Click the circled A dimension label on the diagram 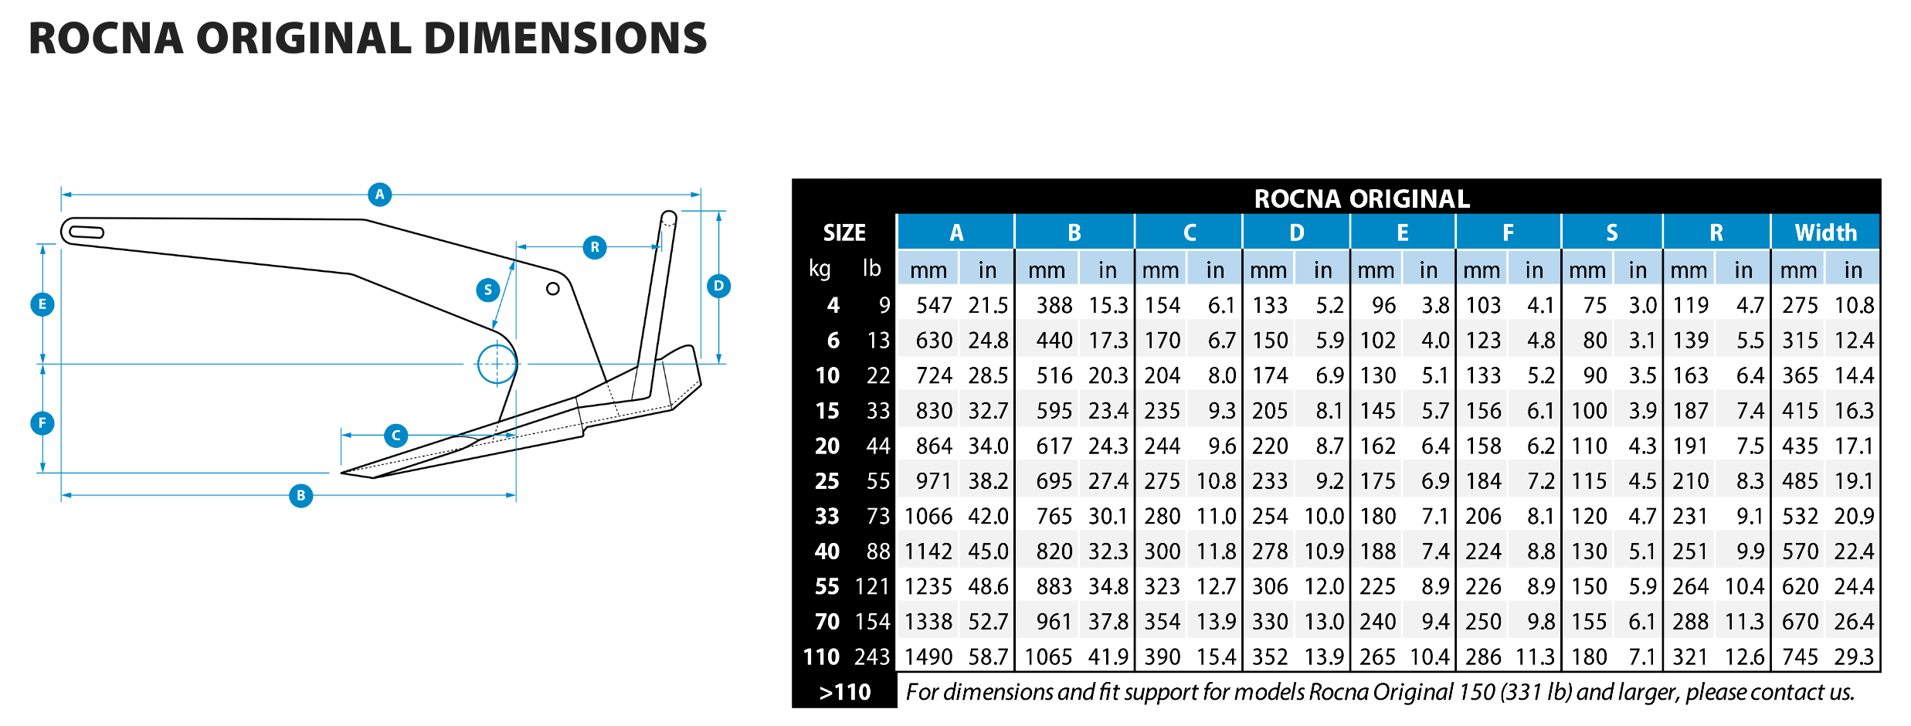tap(379, 195)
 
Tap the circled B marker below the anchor tap(300, 495)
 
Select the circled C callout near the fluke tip tap(395, 436)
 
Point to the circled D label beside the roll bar tap(718, 286)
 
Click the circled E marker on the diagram tap(42, 304)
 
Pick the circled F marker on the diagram tap(42, 422)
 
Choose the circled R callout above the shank tap(594, 247)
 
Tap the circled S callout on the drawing tap(487, 290)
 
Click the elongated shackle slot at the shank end tap(86, 232)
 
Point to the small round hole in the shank tap(552, 289)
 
